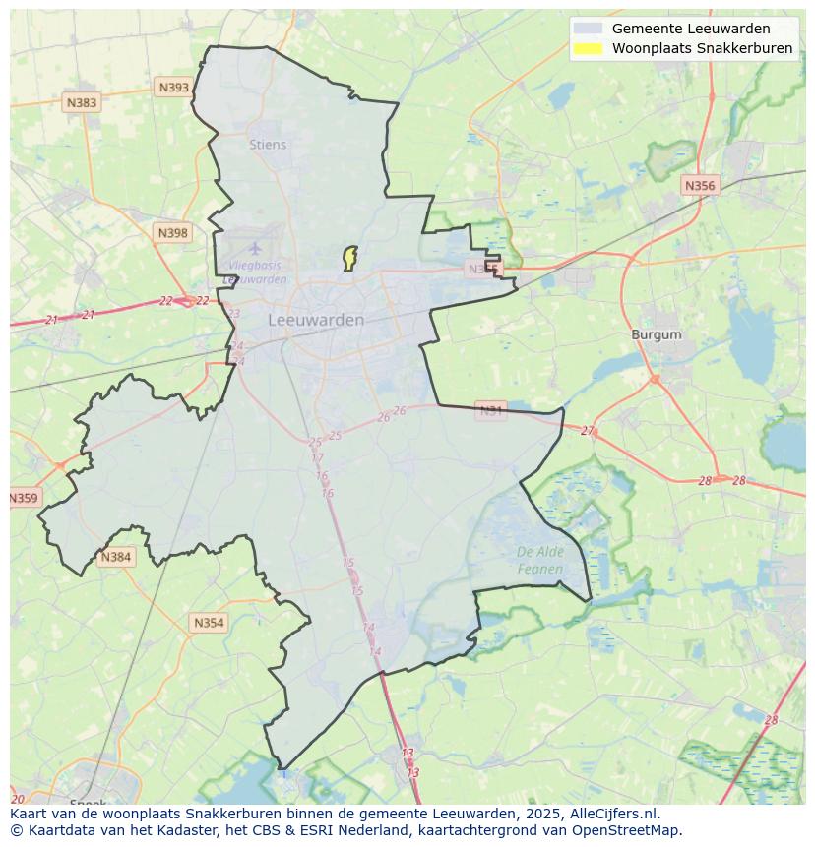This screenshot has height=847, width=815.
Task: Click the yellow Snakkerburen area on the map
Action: coord(348,258)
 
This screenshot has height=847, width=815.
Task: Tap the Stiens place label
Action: coord(268,145)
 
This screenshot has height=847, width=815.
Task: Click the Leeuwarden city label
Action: coord(316,320)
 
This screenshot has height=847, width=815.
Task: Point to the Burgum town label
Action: coord(656,334)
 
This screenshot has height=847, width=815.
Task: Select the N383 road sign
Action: coord(82,102)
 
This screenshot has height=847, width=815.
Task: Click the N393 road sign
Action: coord(173,88)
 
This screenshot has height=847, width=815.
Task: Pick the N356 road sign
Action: coord(700,185)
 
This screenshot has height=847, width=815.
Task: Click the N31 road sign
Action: coord(490,409)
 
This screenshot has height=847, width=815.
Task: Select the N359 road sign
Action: coord(24,498)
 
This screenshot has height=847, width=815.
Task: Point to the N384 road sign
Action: coord(115,557)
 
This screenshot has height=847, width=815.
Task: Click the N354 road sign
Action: coord(209,623)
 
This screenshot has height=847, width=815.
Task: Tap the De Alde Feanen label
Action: coord(540,560)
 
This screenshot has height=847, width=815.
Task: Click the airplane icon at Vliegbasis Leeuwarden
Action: coord(256,248)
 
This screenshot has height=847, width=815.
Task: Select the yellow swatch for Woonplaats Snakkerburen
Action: coord(588,48)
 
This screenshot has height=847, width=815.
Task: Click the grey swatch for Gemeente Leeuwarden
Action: coord(588,29)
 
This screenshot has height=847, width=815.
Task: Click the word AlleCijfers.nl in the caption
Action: coord(614,814)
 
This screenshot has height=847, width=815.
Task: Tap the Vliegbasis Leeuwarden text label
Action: coord(255,272)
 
